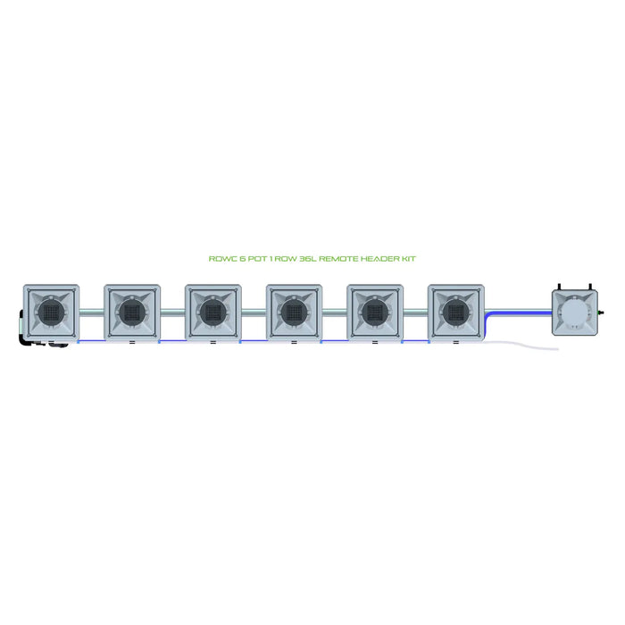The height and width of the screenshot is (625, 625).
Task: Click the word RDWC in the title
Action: coord(219,258)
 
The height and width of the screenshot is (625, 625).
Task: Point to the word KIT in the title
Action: coord(409,258)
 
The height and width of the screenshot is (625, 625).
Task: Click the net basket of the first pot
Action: coord(50,312)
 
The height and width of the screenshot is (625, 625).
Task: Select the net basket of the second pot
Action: coord(131,312)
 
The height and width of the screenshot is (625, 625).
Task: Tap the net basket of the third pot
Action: coord(212,312)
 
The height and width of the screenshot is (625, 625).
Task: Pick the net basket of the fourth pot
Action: coord(294,312)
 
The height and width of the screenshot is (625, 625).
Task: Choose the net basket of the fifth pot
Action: coord(375,312)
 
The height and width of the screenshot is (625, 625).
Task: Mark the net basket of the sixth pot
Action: coord(455,312)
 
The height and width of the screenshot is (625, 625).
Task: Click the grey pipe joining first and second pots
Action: coord(91,312)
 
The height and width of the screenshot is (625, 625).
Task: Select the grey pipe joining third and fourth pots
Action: coord(254,312)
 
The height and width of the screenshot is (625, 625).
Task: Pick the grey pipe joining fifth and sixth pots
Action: coord(416,312)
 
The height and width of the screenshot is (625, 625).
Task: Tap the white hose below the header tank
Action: coord(527,344)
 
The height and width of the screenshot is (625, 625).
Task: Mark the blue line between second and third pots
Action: coord(172,341)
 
